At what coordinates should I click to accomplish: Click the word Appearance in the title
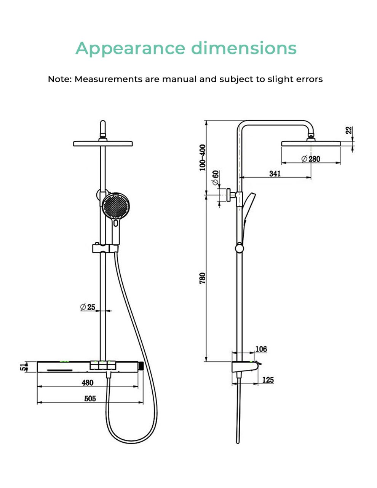(130, 49)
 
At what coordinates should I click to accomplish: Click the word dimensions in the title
(243, 48)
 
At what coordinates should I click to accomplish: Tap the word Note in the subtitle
(59, 79)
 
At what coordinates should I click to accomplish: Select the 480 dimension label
(88, 383)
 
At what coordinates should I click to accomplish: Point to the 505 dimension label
(90, 399)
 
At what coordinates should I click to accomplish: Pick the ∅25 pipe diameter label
(88, 307)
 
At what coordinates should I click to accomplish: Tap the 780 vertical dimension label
(203, 278)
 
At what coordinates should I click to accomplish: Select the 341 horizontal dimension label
(275, 174)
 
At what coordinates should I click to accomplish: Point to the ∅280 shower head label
(311, 159)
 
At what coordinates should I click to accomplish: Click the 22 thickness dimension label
(349, 130)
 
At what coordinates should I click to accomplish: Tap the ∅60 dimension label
(216, 178)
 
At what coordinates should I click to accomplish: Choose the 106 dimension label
(261, 349)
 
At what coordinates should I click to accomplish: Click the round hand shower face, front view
(116, 207)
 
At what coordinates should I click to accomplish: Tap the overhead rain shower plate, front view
(103, 143)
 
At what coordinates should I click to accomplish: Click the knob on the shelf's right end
(142, 366)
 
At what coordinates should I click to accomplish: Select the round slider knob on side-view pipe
(239, 248)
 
